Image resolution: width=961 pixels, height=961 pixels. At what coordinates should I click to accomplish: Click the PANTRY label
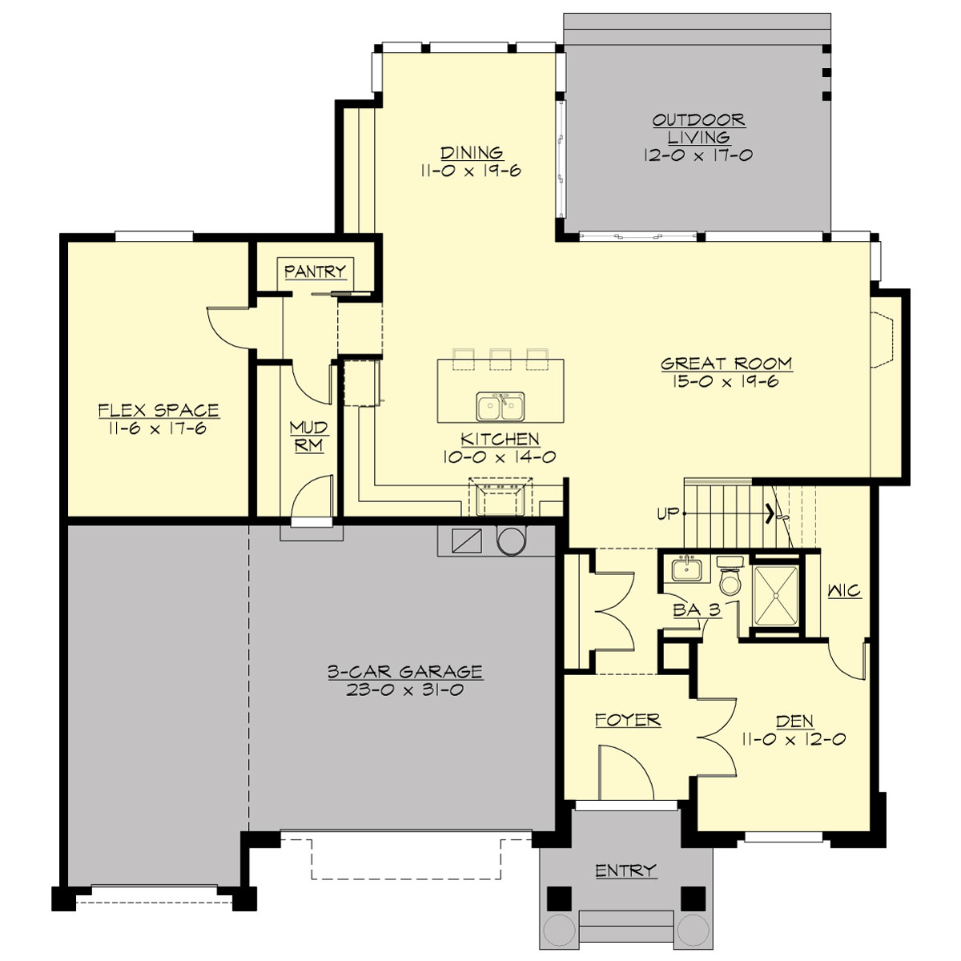315,271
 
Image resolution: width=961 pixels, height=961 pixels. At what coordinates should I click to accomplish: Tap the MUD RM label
308,437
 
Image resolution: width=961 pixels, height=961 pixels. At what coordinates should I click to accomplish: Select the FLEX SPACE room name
159,410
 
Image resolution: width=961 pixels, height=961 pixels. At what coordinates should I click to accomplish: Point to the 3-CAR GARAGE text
404,671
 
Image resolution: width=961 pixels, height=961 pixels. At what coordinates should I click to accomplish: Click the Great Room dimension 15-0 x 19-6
726,382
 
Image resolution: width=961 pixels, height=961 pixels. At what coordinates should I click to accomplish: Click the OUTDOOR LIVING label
698,128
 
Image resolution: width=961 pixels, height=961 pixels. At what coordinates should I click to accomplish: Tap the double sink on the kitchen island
501,407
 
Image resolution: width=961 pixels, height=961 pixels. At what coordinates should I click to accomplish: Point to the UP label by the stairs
668,514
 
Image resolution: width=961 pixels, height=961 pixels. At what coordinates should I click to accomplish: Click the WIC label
844,591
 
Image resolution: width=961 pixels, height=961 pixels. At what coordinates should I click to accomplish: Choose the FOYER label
627,720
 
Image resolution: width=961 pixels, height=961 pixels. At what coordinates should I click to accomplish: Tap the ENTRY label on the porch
625,871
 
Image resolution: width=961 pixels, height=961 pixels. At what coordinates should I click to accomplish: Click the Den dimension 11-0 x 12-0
793,739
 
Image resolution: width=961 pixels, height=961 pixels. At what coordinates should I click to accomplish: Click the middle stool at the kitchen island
501,358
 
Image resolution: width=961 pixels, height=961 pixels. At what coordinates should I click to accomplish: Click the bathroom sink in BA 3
686,570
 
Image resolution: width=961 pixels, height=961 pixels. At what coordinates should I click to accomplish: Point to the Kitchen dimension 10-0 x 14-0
499,457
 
